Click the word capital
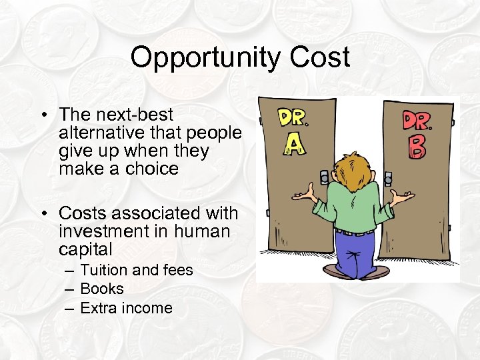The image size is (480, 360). [x=85, y=249]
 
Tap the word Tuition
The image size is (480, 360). [x=104, y=270]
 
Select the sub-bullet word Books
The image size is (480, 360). [x=102, y=289]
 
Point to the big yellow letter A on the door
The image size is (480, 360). [x=293, y=143]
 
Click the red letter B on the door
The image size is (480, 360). [x=417, y=147]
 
